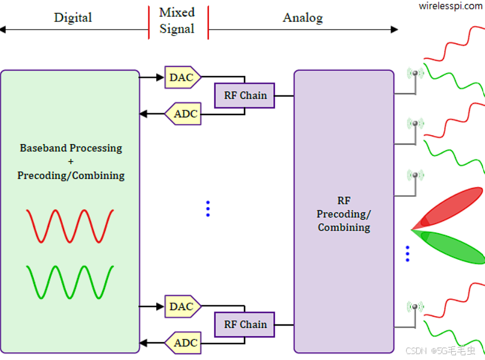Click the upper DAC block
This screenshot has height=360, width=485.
(x=182, y=77)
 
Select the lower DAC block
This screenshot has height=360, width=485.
(x=182, y=307)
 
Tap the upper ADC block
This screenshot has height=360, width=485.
(x=184, y=113)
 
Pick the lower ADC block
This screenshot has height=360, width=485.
(x=184, y=343)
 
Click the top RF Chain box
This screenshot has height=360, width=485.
(x=245, y=95)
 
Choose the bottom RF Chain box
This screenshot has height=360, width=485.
(x=245, y=324)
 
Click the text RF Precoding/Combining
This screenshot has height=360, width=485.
(x=344, y=214)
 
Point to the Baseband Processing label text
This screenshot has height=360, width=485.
(x=71, y=148)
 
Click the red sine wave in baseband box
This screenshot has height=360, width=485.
(x=70, y=225)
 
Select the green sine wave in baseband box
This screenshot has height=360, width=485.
(x=70, y=282)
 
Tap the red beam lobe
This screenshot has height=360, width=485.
(x=454, y=206)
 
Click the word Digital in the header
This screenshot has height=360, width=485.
(x=73, y=17)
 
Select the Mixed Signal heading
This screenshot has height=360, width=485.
(x=177, y=21)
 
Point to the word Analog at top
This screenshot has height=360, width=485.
(x=302, y=17)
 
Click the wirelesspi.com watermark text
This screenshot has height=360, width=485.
(x=451, y=6)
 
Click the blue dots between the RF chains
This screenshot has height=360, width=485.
(x=208, y=208)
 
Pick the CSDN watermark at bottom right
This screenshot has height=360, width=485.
(x=440, y=351)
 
